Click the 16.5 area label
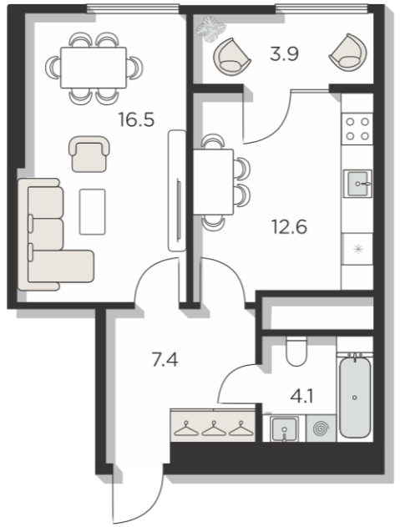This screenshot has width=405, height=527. coord(136,119)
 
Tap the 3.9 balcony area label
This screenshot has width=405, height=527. coord(284,53)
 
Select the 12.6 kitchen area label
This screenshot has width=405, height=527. coord(289,226)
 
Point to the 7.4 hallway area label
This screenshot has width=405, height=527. coord(165,360)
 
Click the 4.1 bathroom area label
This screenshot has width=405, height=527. coord(301,396)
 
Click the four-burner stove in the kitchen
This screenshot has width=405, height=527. coord(357,129)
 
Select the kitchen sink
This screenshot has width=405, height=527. coord(357,184)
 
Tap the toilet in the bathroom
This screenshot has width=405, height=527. coord(296,351)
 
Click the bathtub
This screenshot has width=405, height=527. coord(355,396)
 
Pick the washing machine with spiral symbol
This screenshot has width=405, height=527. coord(321,428)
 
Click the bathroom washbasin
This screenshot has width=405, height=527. coord(285,428)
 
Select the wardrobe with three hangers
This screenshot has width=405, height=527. coord(213,425)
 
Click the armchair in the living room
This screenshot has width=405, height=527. coord(89,154)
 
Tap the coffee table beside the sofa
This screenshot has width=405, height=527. coord(92,212)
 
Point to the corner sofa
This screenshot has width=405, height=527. coord(55,235)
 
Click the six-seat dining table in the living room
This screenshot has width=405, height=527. coord(94,68)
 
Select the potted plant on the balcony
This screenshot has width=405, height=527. coord(210,28)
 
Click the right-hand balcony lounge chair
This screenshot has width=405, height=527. coord(348,53)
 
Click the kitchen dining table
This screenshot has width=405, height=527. coord(213,182)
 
